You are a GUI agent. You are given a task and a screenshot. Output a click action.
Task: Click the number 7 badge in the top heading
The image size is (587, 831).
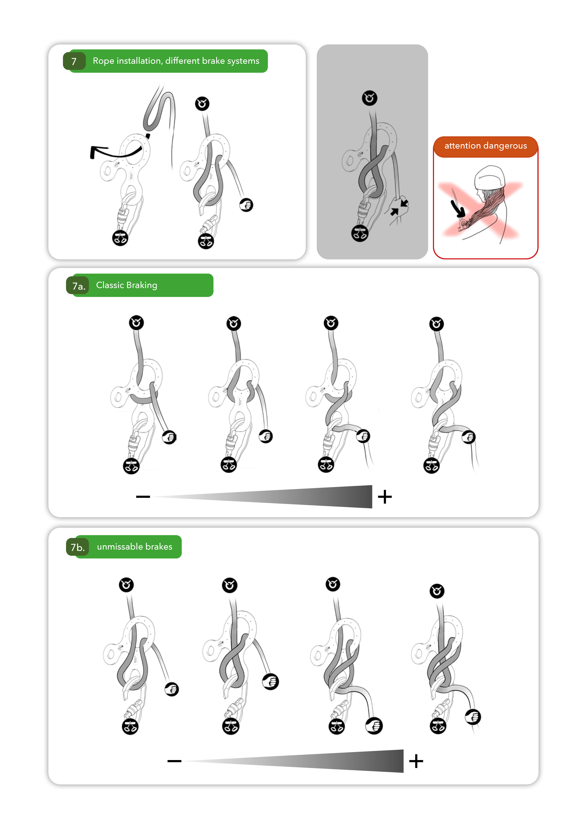click(x=74, y=61)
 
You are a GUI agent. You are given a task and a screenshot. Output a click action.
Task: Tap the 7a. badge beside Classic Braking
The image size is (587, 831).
click(x=78, y=286)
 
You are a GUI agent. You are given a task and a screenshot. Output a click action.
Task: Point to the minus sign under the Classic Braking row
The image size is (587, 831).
click(x=143, y=497)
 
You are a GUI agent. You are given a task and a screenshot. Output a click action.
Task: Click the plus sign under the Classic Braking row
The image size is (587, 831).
click(x=385, y=497)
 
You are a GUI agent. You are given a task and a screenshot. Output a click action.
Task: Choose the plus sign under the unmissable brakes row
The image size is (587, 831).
click(x=416, y=761)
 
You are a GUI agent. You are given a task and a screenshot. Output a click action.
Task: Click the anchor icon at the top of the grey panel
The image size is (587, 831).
click(x=370, y=98)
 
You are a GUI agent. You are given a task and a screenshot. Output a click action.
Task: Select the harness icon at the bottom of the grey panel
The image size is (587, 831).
click(x=360, y=233)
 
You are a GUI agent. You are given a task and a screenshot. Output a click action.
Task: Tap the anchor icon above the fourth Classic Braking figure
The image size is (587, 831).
click(x=436, y=324)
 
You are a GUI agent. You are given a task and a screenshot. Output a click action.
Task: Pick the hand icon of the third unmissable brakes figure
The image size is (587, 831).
click(x=374, y=726)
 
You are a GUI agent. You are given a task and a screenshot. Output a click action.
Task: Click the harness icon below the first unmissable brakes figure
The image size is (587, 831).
click(x=130, y=726)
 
